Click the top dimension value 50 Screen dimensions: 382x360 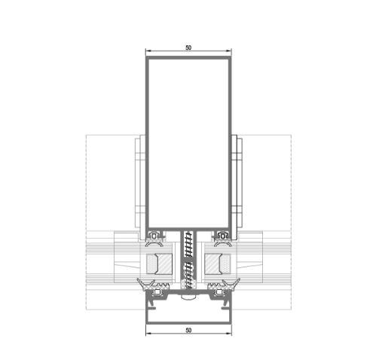(x=188, y=47)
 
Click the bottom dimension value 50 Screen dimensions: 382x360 (x=188, y=331)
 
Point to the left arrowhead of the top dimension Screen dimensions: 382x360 (x=148, y=51)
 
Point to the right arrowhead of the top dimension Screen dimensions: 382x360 (x=229, y=51)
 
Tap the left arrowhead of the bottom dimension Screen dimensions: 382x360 (x=148, y=334)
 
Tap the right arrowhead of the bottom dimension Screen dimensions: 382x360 (x=229, y=334)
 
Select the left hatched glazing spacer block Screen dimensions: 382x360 (x=163, y=264)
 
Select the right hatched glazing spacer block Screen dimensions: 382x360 (x=213, y=264)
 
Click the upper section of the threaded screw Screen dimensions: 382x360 (x=188, y=244)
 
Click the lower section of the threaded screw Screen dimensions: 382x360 (x=188, y=276)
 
